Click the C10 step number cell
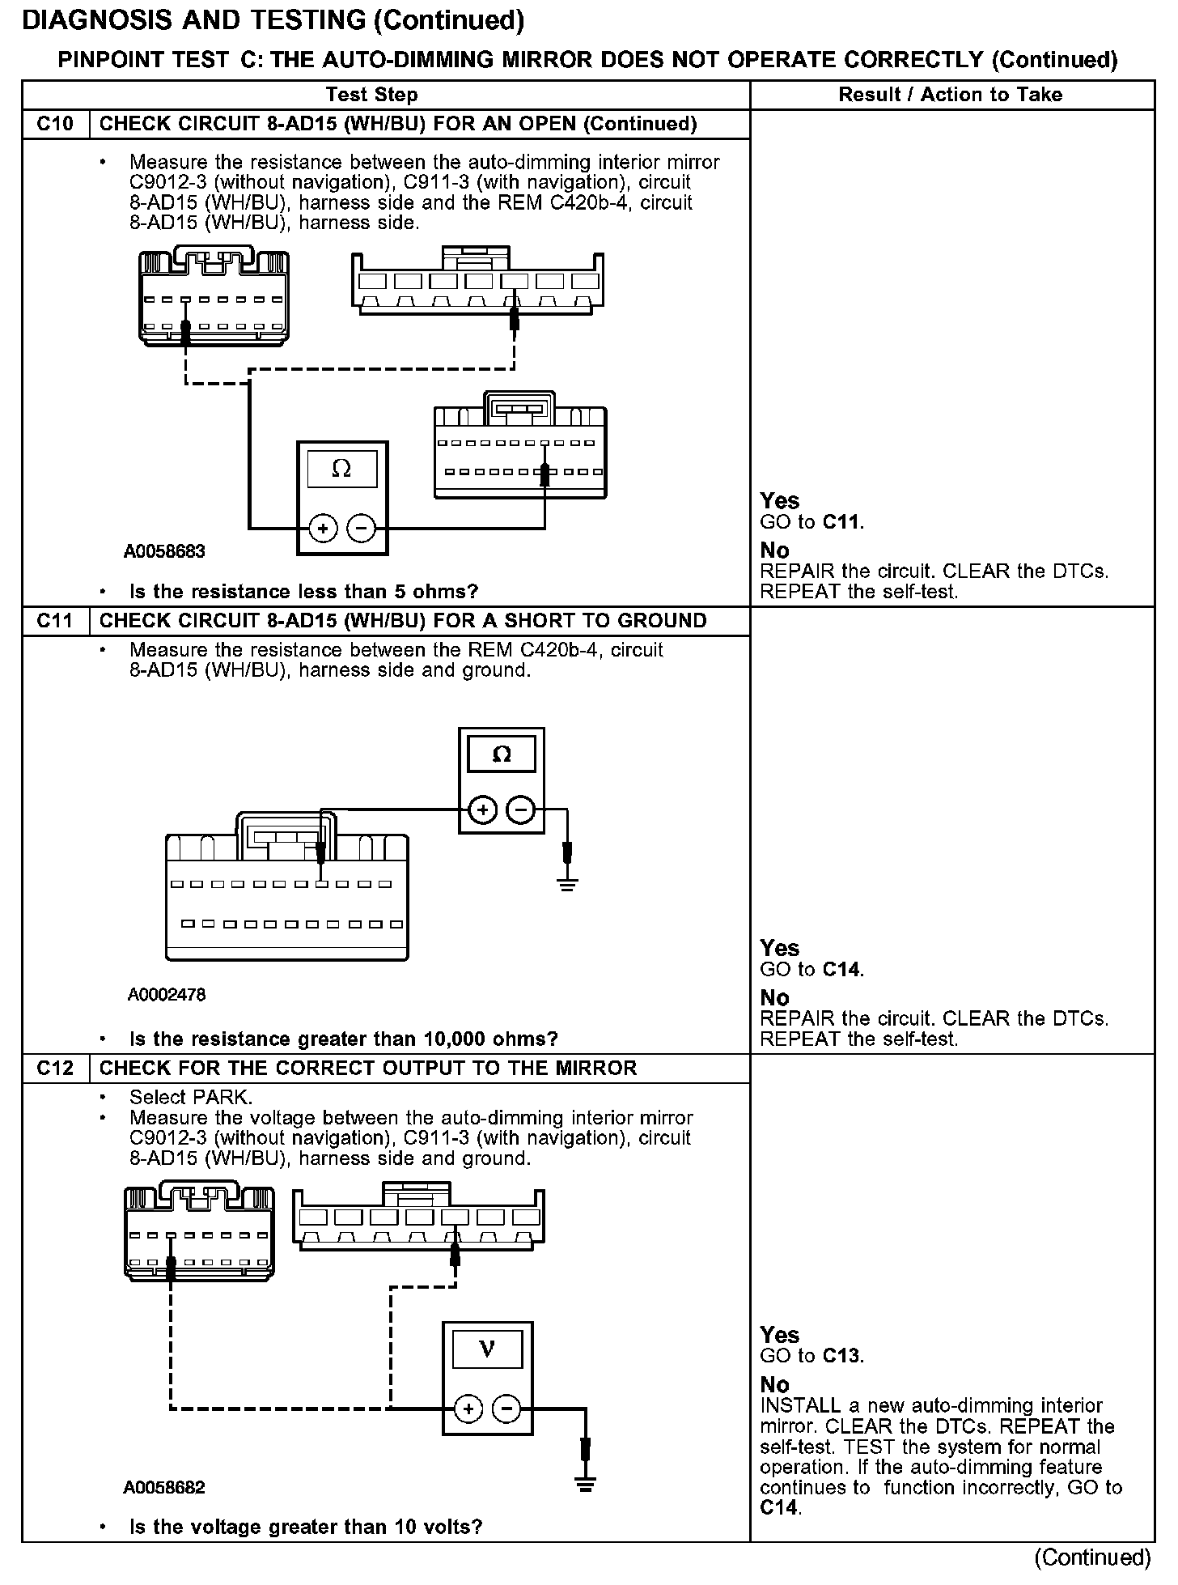(x=55, y=124)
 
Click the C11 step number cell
(x=55, y=621)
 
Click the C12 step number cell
(x=55, y=1068)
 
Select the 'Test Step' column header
(x=371, y=95)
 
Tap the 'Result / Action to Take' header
(x=950, y=95)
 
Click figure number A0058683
(x=164, y=551)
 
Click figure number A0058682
(x=164, y=1487)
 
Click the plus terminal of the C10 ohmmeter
(x=323, y=529)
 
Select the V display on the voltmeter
(x=487, y=1349)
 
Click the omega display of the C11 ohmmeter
(x=502, y=754)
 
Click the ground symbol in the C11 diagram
(x=567, y=884)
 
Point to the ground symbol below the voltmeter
(x=585, y=1482)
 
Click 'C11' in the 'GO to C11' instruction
(x=842, y=522)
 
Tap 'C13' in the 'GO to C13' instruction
(x=842, y=1356)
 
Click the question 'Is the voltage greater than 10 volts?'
(x=306, y=1527)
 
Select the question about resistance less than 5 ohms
(x=303, y=592)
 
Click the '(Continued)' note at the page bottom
(x=1092, y=1557)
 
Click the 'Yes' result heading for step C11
(x=780, y=948)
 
